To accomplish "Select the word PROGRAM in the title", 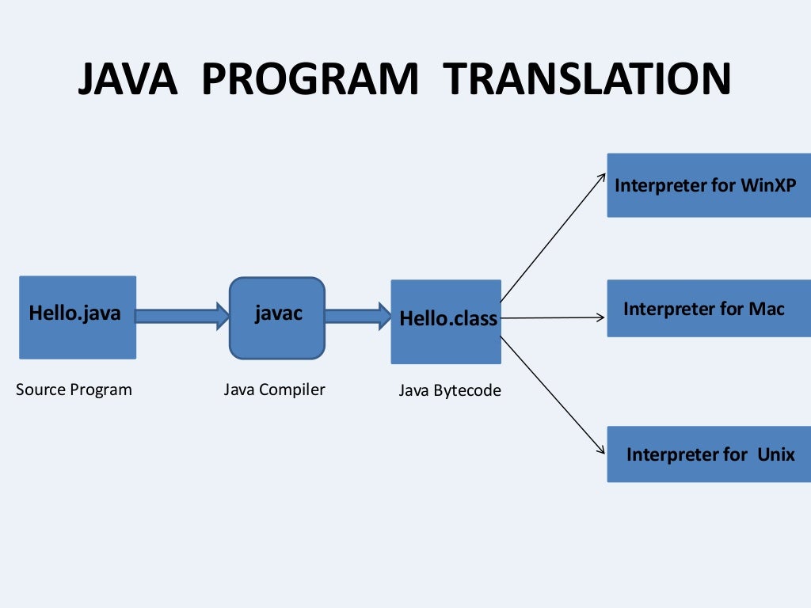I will pos(310,80).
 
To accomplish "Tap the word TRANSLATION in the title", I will pos(586,80).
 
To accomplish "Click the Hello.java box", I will pos(77,317).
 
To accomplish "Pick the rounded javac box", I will pos(277,317).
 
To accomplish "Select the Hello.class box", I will pos(446,321).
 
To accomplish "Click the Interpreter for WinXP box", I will pos(709,185).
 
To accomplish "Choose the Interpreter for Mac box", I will pos(709,309).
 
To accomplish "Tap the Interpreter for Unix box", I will pos(709,454).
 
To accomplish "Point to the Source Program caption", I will pos(74,389).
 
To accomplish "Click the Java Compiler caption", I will pos(274,389).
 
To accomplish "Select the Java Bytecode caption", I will pos(449,390).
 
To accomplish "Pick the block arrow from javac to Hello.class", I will pos(357,316).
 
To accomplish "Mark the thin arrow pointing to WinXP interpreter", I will pos(553,237).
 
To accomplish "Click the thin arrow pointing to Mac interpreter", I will pos(553,318).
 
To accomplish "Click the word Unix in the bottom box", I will pos(775,454).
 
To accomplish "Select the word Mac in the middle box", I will pos(767,309).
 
